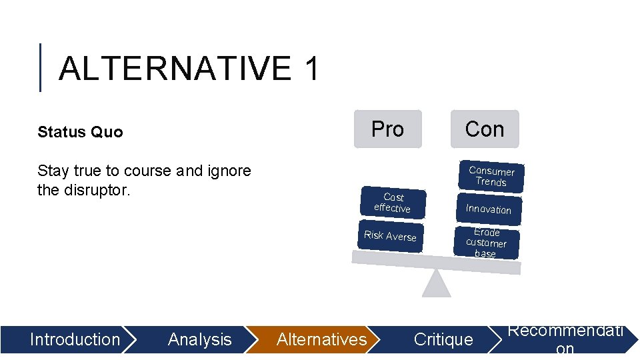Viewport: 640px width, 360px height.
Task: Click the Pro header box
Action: [387, 129]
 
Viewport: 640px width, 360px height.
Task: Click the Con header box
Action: [485, 129]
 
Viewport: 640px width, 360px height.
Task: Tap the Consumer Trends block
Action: [491, 176]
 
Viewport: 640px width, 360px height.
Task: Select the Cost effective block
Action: [393, 203]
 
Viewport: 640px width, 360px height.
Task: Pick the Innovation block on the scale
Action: [488, 209]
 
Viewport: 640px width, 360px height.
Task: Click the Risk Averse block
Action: [390, 236]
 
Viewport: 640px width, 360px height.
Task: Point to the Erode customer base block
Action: [486, 243]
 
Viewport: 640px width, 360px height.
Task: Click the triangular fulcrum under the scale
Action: [436, 285]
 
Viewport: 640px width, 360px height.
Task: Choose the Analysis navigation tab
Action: [199, 339]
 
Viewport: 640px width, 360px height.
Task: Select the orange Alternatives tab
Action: [321, 339]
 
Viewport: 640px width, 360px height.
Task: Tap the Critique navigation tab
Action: [443, 339]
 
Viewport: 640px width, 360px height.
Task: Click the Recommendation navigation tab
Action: [565, 339]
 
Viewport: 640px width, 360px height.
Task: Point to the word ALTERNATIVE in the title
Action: [175, 69]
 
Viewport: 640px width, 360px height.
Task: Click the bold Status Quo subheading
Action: [80, 132]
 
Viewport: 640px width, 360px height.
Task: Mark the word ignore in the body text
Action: [228, 171]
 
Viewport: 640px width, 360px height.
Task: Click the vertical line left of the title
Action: [41, 67]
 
